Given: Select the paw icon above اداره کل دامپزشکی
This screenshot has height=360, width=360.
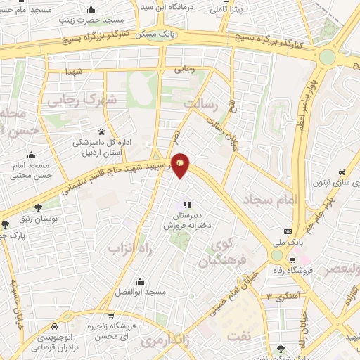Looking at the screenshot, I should click(102, 131).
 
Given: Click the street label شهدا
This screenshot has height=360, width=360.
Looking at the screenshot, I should click(75, 72).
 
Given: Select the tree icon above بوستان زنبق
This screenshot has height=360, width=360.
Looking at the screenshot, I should click(38, 207).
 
